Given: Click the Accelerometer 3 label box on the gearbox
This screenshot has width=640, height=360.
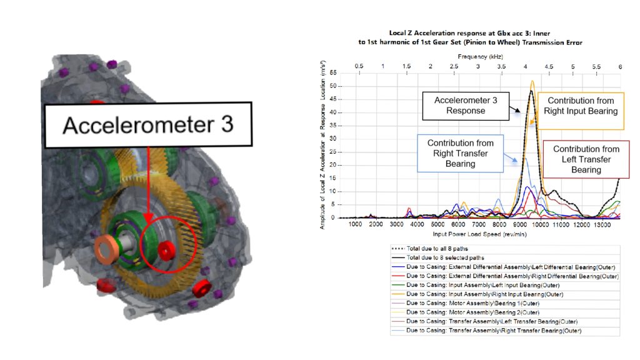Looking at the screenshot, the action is pyautogui.click(x=148, y=124).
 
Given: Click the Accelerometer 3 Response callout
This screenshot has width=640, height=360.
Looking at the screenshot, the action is pyautogui.click(x=466, y=106).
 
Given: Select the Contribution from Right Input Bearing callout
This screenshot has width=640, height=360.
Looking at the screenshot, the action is pyautogui.click(x=581, y=111).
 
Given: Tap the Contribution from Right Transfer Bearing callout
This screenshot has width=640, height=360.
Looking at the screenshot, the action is pyautogui.click(x=461, y=154).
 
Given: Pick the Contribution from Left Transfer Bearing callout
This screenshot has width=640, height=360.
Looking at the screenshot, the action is pyautogui.click(x=586, y=159).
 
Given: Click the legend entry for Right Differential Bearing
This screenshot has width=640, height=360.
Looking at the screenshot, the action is pyautogui.click(x=505, y=276).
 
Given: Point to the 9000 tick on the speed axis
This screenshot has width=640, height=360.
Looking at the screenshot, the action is pyautogui.click(x=519, y=224).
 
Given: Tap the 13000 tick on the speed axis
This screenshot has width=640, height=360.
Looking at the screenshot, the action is pyautogui.click(x=602, y=224).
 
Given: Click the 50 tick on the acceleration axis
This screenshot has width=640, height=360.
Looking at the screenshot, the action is pyautogui.click(x=333, y=86).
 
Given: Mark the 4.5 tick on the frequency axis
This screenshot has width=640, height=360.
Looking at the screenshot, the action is pyautogui.click(x=549, y=66).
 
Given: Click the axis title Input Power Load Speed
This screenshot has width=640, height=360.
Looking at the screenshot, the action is pyautogui.click(x=479, y=234).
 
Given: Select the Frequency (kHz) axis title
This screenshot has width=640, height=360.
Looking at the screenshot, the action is pyautogui.click(x=480, y=57).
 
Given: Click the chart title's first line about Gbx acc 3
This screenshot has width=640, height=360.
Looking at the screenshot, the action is pyautogui.click(x=469, y=34).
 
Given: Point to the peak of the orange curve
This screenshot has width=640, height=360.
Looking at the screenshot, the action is pyautogui.click(x=532, y=81).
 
